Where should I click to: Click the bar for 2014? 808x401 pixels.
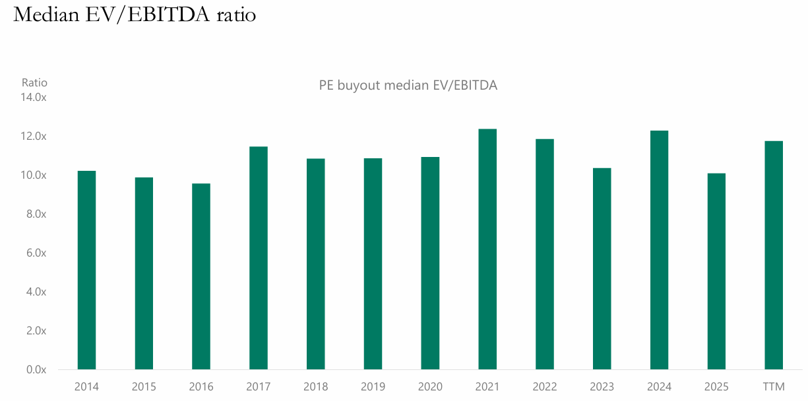tap(86, 270)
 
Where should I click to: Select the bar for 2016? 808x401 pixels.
tap(201, 276)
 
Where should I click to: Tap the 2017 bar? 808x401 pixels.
tap(259, 258)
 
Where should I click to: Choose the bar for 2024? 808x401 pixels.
tap(659, 250)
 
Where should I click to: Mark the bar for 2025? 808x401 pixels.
tap(716, 271)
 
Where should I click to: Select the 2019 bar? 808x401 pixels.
tap(373, 264)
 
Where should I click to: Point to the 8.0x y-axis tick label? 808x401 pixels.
tap(36, 214)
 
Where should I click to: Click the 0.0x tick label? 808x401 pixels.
tap(36, 370)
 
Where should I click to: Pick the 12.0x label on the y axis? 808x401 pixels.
tap(34, 137)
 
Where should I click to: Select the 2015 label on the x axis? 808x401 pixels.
tap(144, 386)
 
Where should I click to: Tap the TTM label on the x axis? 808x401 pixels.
tap(774, 386)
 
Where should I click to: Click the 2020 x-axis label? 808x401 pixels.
tap(430, 386)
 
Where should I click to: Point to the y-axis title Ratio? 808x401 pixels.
tap(34, 83)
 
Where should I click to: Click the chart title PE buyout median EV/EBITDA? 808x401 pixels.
tap(408, 85)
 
